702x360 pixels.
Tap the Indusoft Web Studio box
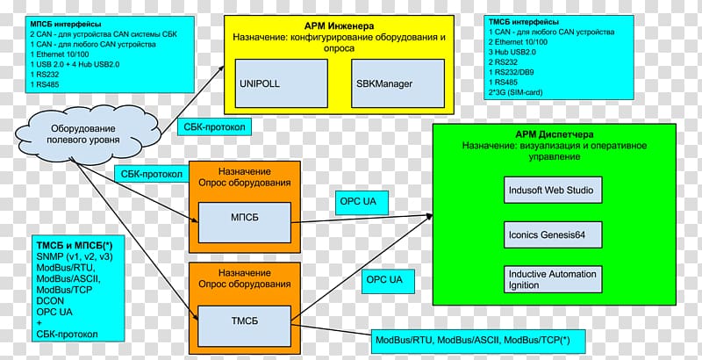[x=551, y=189]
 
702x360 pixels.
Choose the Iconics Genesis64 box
[x=551, y=235]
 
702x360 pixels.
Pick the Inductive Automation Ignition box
[x=551, y=279]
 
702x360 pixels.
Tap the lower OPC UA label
[x=383, y=280]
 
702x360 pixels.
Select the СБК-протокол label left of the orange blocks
[x=152, y=174]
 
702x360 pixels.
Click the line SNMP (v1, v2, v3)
[x=74, y=256]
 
